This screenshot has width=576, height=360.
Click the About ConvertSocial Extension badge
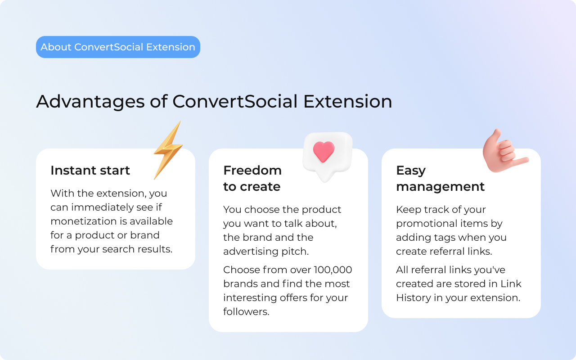point(118,47)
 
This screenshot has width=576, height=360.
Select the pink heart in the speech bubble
point(324,152)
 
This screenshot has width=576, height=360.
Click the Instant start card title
point(90,171)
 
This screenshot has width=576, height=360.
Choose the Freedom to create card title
point(252,179)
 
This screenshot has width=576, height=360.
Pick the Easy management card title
point(440,179)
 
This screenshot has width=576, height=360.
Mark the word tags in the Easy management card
point(455,238)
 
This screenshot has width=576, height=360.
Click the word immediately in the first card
point(101,207)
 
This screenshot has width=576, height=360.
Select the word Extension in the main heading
point(347,101)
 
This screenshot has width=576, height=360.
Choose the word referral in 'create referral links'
point(447,252)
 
